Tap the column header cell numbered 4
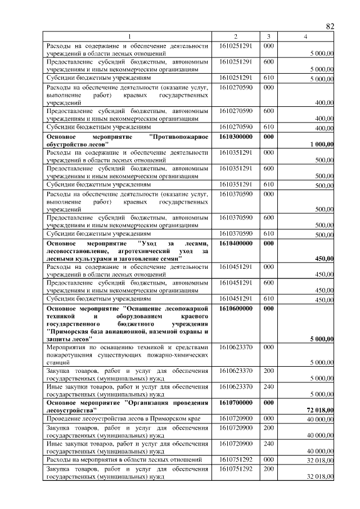pyautogui.click(x=305, y=37)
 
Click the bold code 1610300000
pyautogui.click(x=236, y=137)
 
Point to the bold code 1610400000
pyautogui.click(x=236, y=243)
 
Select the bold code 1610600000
pyautogui.click(x=236, y=309)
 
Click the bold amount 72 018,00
pyautogui.click(x=319, y=410)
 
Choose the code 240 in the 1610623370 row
pyautogui.click(x=268, y=387)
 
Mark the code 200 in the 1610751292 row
pyautogui.click(x=268, y=469)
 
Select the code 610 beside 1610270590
pyautogui.click(x=268, y=127)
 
